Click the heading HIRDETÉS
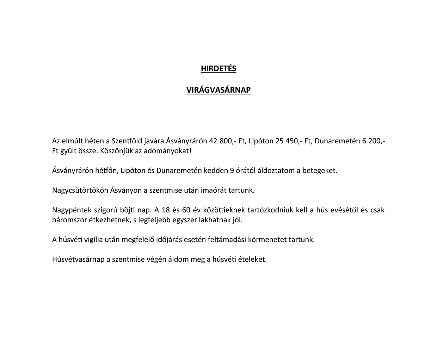(218, 68)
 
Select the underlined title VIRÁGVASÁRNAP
(218, 90)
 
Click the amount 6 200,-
(373, 141)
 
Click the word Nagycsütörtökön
(80, 190)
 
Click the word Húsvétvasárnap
(79, 259)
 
